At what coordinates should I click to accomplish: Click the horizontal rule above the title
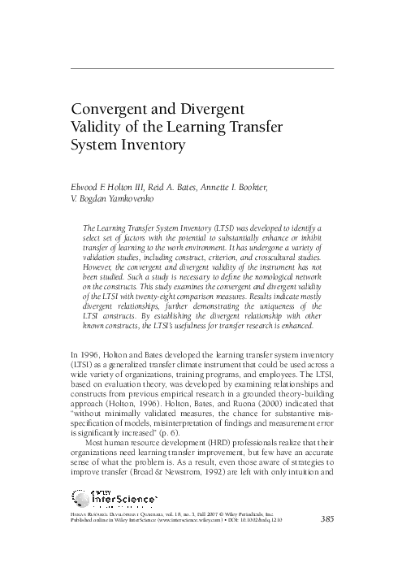coord(203,69)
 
